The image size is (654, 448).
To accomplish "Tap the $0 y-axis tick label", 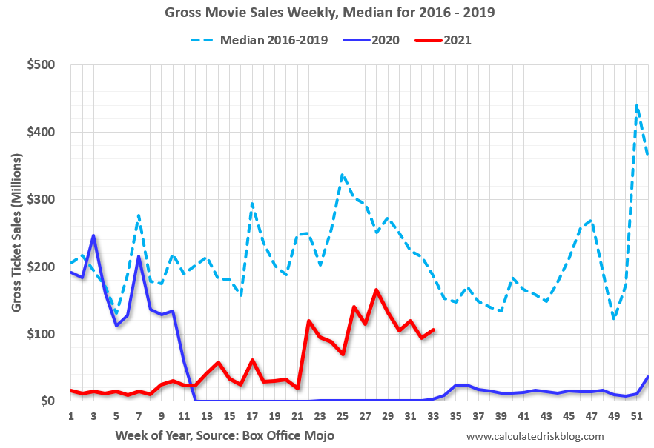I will click(48, 401).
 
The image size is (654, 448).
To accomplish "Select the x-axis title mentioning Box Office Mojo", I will click(225, 435).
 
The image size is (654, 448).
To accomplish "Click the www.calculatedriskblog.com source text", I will click(535, 436).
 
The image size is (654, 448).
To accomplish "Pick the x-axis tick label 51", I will click(636, 416).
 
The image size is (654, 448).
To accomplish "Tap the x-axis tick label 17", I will click(252, 416).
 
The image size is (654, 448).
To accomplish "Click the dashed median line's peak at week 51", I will click(637, 106).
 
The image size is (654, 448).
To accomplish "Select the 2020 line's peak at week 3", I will click(93, 235).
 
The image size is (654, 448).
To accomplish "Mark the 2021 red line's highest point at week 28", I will click(376, 290).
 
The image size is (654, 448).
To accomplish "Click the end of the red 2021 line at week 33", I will click(433, 330).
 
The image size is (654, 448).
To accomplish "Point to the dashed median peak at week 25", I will click(342, 175).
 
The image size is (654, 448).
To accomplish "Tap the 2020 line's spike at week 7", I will click(139, 256).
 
